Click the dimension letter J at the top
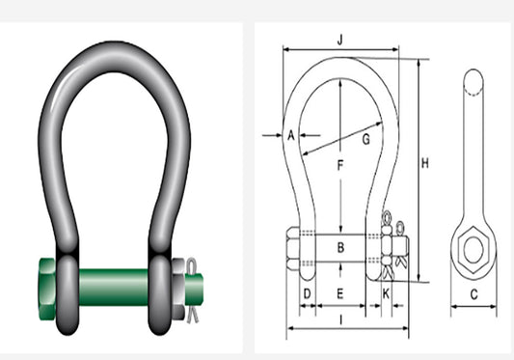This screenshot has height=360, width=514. pos(340,40)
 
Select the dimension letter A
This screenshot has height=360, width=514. pos(290,135)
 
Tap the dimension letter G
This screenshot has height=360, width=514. pos(365,139)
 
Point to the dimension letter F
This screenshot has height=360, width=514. pos(339,165)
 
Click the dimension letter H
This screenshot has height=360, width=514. pos(424,164)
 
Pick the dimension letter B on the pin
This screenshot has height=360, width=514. pos(339,248)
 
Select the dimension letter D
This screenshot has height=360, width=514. pos(307,291)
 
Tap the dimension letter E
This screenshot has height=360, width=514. pos(339,291)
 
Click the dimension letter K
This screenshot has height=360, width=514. pos(386,291)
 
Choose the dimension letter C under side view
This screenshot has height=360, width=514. pos(473,293)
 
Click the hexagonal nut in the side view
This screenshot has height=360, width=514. pos(473,250)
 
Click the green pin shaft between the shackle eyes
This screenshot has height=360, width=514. pos(113,287)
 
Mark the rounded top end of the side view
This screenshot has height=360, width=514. pos(473,81)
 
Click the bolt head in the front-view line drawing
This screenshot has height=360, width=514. pos(293,249)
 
